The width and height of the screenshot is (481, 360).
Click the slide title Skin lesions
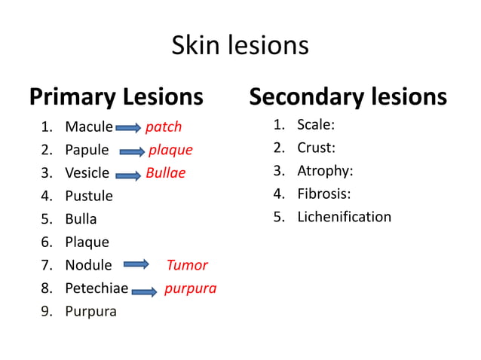click(x=240, y=46)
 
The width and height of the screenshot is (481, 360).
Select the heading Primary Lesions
click(x=116, y=97)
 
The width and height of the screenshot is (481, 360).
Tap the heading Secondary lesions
click(x=348, y=97)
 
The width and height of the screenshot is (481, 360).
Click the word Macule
click(x=89, y=127)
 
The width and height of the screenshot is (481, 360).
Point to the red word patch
click(x=164, y=127)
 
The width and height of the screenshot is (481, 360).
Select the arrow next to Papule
click(x=129, y=151)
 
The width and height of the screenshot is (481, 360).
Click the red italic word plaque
click(x=170, y=150)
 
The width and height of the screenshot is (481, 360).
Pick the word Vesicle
click(x=87, y=173)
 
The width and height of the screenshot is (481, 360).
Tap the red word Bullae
click(x=165, y=173)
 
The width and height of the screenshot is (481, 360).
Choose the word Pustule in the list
click(x=89, y=196)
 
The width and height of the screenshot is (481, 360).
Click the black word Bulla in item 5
click(x=81, y=219)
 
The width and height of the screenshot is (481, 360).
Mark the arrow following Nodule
click(x=136, y=265)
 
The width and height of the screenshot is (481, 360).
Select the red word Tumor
click(x=187, y=265)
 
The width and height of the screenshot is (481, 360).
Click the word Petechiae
click(x=97, y=288)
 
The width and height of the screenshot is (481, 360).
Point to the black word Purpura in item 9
click(x=90, y=312)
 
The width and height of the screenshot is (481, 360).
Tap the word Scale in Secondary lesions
click(x=315, y=125)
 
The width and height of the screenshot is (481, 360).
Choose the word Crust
click(x=316, y=148)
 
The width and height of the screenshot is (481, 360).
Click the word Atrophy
click(x=325, y=171)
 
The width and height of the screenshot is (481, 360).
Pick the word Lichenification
click(x=344, y=217)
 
